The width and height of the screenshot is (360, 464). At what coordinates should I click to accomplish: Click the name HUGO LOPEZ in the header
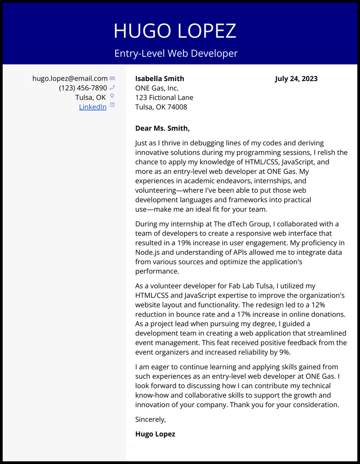[175, 31]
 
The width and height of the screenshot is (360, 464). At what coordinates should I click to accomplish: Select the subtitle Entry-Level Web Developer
[176, 54]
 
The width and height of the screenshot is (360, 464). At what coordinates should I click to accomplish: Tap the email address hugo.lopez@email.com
[70, 78]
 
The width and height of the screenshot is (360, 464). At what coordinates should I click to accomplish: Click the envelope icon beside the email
[112, 78]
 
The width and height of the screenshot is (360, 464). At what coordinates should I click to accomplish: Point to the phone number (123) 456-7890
[83, 88]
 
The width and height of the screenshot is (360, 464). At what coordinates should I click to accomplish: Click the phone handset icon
[112, 87]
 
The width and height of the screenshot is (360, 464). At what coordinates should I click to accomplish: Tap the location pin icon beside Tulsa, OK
[112, 96]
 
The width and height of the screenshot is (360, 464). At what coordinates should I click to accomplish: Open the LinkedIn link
[93, 107]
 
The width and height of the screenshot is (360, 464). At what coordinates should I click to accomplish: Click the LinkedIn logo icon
[112, 105]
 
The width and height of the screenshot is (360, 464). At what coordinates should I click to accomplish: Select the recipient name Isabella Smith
[160, 79]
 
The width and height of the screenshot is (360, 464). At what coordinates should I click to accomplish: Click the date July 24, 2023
[296, 79]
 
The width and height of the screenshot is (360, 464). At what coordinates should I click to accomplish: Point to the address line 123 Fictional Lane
[164, 97]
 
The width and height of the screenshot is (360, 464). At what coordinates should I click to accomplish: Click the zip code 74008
[177, 107]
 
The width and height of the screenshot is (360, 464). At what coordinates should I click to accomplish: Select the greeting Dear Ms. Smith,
[162, 129]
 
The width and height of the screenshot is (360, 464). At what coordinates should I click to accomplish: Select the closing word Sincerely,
[150, 419]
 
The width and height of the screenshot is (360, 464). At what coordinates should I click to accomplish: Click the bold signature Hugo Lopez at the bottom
[155, 434]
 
